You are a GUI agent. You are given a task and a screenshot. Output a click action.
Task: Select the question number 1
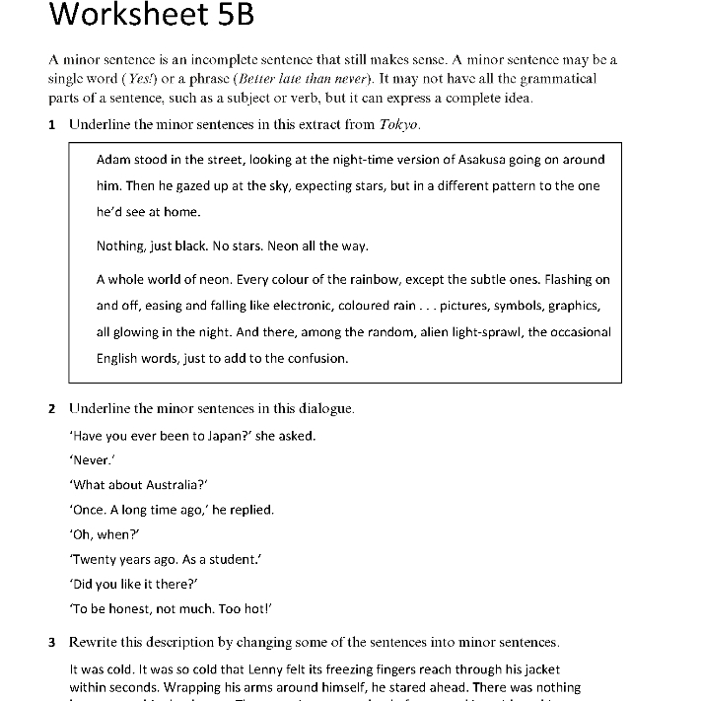tap(52, 124)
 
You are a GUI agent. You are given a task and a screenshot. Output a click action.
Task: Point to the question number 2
tap(52, 408)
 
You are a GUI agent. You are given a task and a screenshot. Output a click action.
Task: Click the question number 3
tap(52, 643)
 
